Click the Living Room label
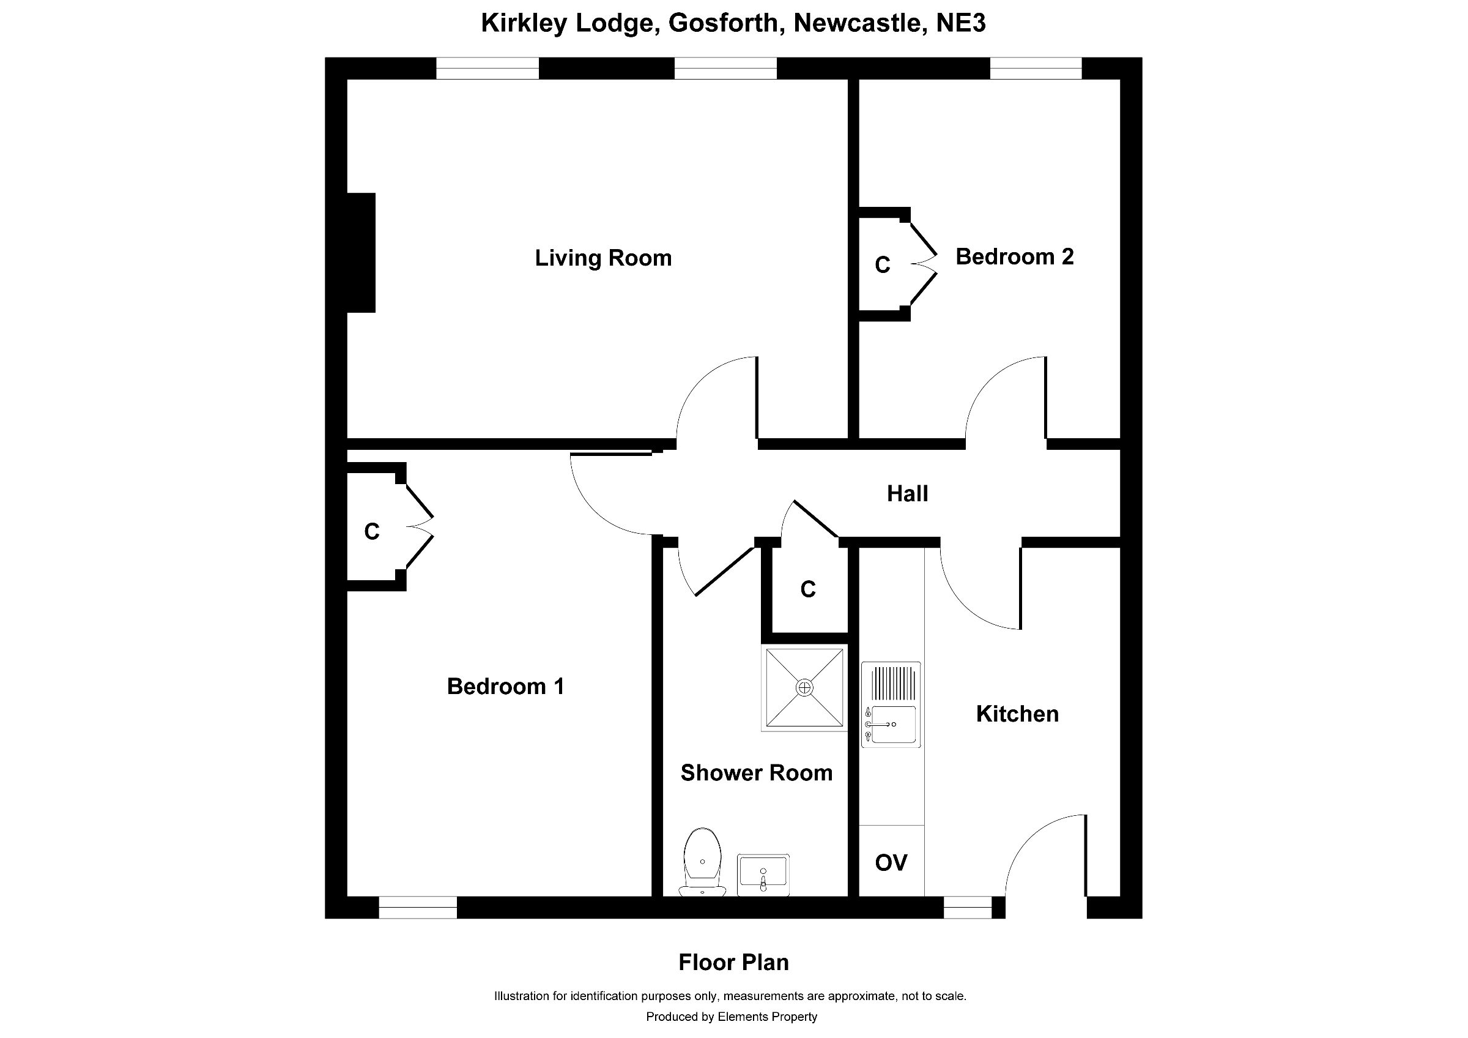pyautogui.click(x=603, y=258)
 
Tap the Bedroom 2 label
pyautogui.click(x=1014, y=257)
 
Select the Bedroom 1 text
pyautogui.click(x=505, y=687)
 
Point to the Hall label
pyautogui.click(x=907, y=494)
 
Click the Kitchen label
pyautogui.click(x=1017, y=714)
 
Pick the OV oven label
pyautogui.click(x=891, y=863)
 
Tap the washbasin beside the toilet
pyautogui.click(x=763, y=873)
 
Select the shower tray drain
pyautogui.click(x=804, y=687)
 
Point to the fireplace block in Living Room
pyautogui.click(x=361, y=253)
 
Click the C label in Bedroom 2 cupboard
pyautogui.click(x=883, y=265)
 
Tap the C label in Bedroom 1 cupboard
pyautogui.click(x=371, y=531)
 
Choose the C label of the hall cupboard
pyautogui.click(x=807, y=589)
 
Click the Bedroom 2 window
pyautogui.click(x=1035, y=69)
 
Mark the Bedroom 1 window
pyautogui.click(x=418, y=908)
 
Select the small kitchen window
pyautogui.click(x=968, y=908)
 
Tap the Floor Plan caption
pyautogui.click(x=733, y=963)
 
